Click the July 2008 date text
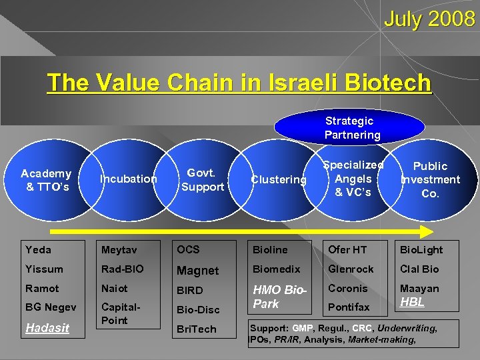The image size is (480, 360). click(429, 19)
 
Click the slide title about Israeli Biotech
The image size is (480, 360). click(239, 83)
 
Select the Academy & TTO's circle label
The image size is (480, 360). click(46, 180)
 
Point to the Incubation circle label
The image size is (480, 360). click(128, 179)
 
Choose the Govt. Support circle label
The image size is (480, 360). click(202, 180)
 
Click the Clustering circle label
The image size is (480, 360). click(278, 179)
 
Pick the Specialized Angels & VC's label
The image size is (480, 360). click(353, 179)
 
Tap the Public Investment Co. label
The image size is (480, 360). click(430, 179)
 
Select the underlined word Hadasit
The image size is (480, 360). click(47, 327)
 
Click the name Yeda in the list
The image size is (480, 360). click(38, 249)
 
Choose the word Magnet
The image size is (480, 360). click(197, 270)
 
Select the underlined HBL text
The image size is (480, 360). click(412, 302)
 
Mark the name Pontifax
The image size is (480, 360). click(349, 307)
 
